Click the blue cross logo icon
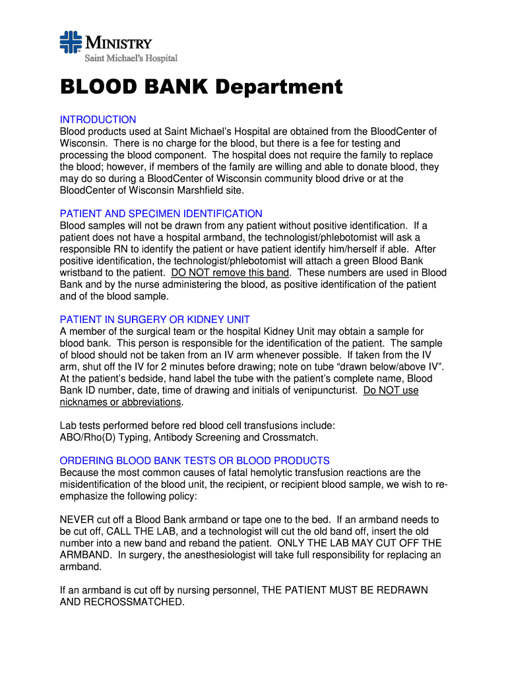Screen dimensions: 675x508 70,44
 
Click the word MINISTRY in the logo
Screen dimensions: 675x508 118,44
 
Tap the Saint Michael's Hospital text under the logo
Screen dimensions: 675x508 129,59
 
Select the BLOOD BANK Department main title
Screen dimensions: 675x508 201,87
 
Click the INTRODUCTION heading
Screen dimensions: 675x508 98,119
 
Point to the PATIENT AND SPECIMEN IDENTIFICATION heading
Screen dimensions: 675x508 161,214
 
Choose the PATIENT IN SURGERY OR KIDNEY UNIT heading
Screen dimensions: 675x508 154,320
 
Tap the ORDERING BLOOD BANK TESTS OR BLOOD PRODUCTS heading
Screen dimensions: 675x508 195,461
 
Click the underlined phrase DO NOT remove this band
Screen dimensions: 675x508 230,273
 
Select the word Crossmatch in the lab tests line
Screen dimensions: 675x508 290,437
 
